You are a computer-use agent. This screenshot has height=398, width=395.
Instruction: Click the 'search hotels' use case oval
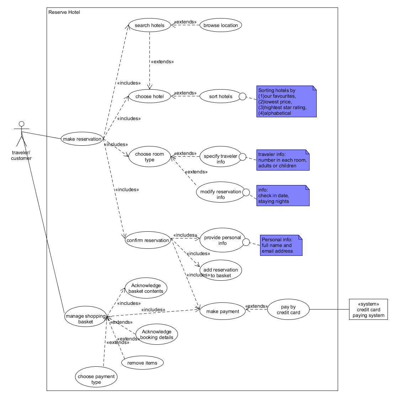pos(149,25)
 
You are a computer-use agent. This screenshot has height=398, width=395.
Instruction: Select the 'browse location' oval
pos(221,25)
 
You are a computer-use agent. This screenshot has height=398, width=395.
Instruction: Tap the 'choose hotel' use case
pos(149,96)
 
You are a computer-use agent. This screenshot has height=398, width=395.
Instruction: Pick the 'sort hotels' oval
pos(220,96)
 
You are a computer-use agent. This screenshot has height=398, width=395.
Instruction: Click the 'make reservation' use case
pos(82,139)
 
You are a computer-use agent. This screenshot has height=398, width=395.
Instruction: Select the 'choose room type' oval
pos(149,157)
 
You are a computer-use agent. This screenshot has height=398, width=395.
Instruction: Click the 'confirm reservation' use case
pos(148,240)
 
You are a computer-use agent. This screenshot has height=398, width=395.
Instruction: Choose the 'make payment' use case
pos(222,311)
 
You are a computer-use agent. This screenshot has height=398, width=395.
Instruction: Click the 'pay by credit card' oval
pos(288,310)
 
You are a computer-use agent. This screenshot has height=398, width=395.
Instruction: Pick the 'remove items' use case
pos(142,363)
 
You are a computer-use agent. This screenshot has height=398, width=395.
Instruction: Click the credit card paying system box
pos(368,310)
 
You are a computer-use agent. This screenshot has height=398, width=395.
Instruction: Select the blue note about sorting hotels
pos(286,101)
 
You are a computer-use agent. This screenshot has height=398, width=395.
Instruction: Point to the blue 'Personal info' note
pos(281,245)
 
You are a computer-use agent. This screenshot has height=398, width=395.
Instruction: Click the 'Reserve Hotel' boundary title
pos(64,12)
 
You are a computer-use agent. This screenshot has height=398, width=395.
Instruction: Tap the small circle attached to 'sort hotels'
pos(242,96)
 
